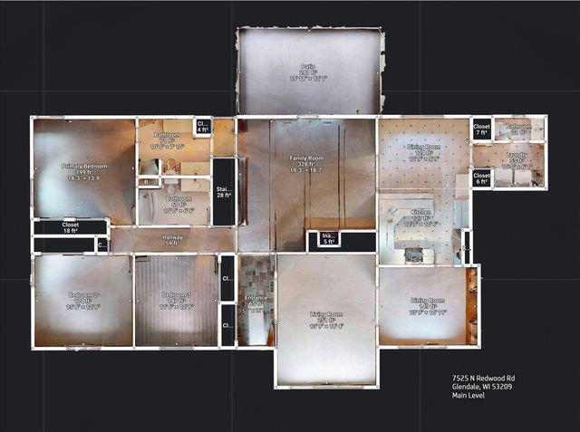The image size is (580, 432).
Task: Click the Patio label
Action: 307,66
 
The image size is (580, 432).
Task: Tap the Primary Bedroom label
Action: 84,167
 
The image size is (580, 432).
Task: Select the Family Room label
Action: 307,158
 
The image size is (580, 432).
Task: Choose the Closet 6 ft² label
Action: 481,178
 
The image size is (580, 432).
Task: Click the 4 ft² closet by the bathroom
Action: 202,127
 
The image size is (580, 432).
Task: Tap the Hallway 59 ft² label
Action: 173,239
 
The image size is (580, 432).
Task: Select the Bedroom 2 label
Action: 82,295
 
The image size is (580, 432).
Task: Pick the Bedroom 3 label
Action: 176,295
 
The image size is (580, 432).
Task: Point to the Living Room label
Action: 325,315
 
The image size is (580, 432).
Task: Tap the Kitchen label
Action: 422,217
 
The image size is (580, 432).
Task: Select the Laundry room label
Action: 517,155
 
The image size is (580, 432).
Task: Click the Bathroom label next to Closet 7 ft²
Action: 518,128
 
